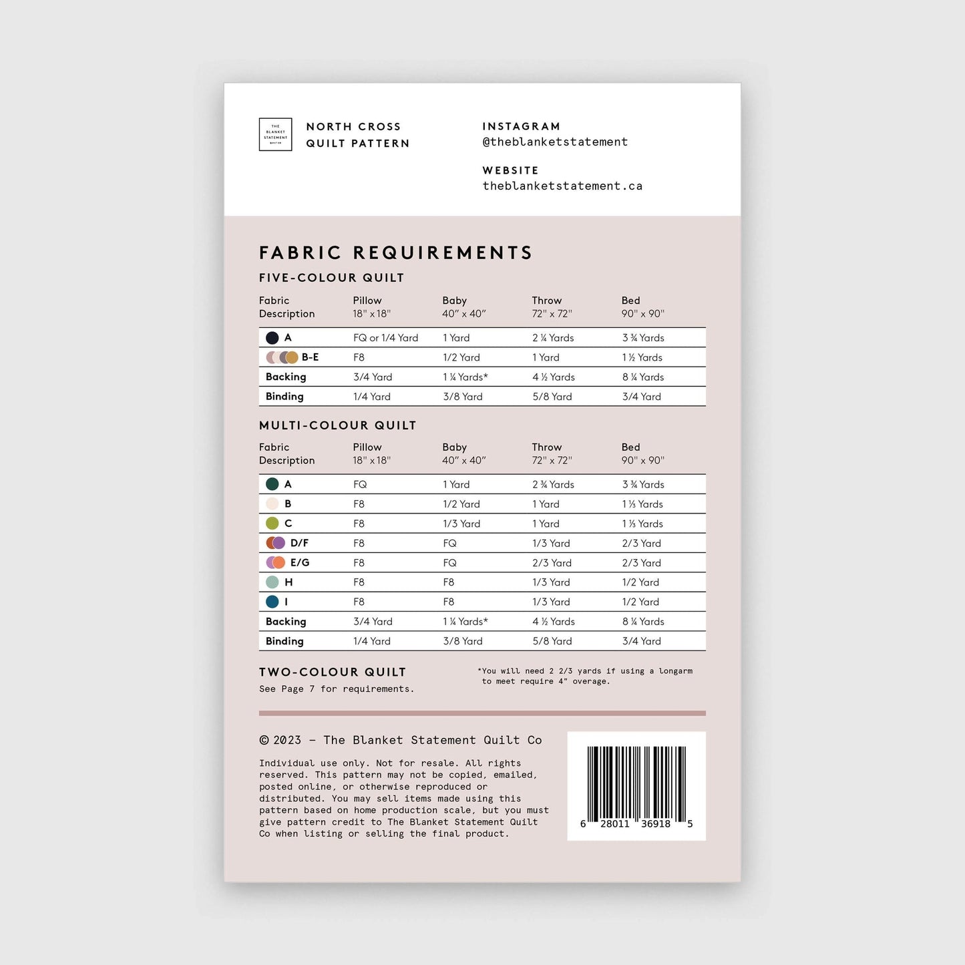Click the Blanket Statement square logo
(x=275, y=134)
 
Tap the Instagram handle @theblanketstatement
(x=555, y=142)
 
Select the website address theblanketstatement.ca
(x=562, y=186)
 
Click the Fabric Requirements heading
(x=395, y=253)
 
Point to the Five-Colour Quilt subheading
(x=331, y=278)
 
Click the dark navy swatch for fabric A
(x=272, y=338)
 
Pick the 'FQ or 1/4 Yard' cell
(x=385, y=338)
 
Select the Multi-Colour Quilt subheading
(x=337, y=425)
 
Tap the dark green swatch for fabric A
(x=272, y=484)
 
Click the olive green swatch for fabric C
(x=272, y=524)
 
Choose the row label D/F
(x=299, y=543)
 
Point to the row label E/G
(x=299, y=563)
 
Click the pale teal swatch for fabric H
(x=272, y=582)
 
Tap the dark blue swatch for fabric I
(x=272, y=602)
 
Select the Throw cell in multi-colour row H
(x=551, y=582)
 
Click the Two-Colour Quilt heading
(x=333, y=672)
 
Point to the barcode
(x=636, y=785)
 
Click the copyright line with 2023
(x=401, y=740)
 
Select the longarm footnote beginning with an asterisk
(x=585, y=676)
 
